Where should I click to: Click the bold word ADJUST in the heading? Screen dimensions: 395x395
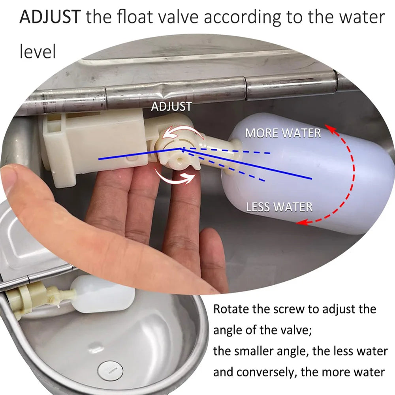coord(51,17)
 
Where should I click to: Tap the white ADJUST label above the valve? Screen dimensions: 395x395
coord(171,106)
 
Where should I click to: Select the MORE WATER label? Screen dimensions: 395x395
coord(283,133)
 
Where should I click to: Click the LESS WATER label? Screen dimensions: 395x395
coord(279,207)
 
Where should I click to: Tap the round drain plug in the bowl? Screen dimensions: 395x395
coord(110,369)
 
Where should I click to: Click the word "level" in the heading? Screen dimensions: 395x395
coord(38,52)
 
